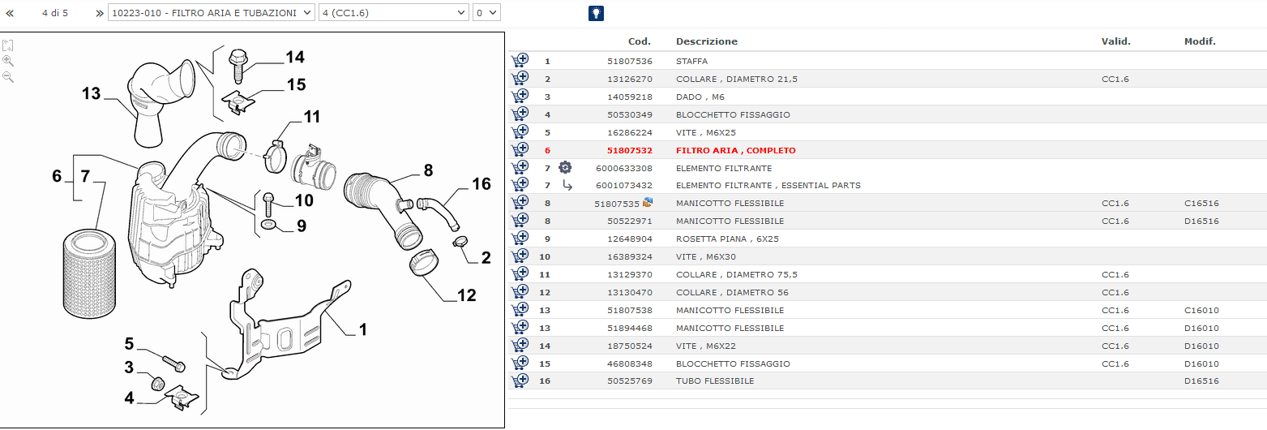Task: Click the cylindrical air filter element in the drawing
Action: click(x=89, y=273)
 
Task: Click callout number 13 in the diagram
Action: click(x=91, y=93)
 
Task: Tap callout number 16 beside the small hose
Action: click(x=482, y=184)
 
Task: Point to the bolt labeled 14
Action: click(x=238, y=66)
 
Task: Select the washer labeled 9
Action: click(x=268, y=226)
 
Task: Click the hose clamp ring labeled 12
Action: click(x=424, y=263)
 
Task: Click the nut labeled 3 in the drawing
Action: click(x=158, y=383)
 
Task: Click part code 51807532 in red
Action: click(x=630, y=151)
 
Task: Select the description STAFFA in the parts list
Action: click(x=691, y=61)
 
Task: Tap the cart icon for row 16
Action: click(x=520, y=381)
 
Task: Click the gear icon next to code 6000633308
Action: click(x=565, y=167)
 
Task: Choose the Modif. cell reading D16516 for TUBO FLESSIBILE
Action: click(x=1201, y=381)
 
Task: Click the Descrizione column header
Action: click(x=707, y=41)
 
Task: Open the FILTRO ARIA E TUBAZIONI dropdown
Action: click(x=212, y=12)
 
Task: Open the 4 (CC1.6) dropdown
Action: click(x=394, y=12)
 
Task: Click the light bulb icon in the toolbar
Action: click(x=596, y=13)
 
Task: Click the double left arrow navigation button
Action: click(x=10, y=13)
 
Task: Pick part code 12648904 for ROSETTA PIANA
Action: click(x=630, y=239)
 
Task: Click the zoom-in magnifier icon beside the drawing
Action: click(x=8, y=61)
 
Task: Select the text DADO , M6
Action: click(x=700, y=97)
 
